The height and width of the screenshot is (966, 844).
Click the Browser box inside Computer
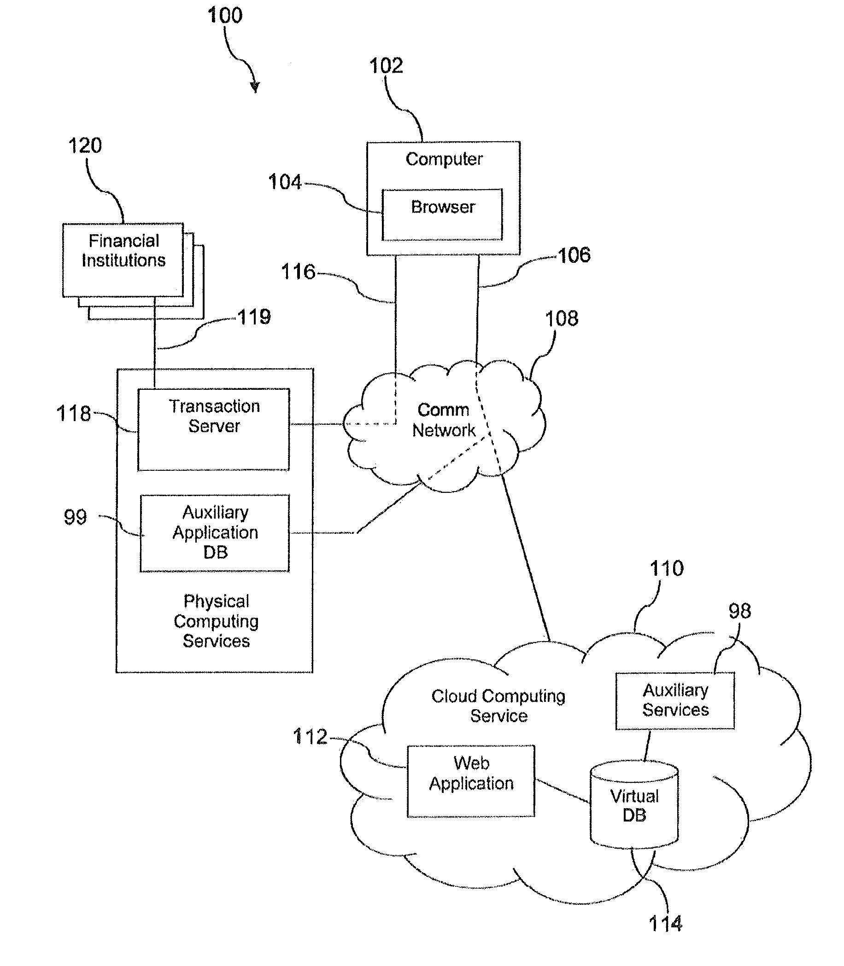(442, 214)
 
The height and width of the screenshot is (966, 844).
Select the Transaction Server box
(213, 429)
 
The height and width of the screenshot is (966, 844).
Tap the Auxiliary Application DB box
(215, 532)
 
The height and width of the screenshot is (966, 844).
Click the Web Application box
(470, 781)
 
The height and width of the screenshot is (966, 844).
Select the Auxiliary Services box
(675, 700)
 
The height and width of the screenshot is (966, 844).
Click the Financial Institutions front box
(123, 260)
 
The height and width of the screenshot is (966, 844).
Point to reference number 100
(225, 16)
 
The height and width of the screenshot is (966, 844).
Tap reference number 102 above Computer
(386, 66)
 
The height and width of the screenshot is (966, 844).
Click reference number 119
(254, 317)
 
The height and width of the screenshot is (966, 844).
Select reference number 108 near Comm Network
(562, 318)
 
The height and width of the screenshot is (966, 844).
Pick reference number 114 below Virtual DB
(665, 924)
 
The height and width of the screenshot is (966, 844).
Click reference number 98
(739, 611)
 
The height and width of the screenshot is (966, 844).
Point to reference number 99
(76, 517)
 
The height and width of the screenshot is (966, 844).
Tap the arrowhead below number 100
(255, 87)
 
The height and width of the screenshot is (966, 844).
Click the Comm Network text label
(444, 420)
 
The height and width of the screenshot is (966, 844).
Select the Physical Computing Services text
(216, 621)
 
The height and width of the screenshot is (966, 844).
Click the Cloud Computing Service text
(498, 706)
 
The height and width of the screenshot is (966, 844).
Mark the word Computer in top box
(444, 159)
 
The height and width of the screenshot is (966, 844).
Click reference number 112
(310, 737)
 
